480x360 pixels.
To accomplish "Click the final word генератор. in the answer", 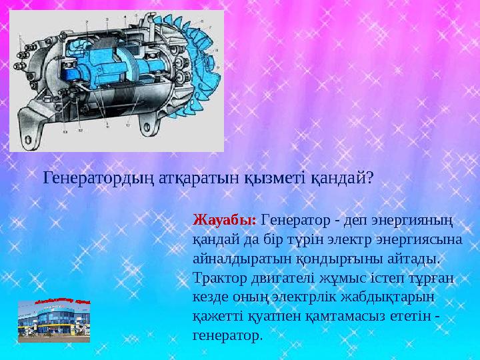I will pyautogui.click(x=227, y=335).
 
